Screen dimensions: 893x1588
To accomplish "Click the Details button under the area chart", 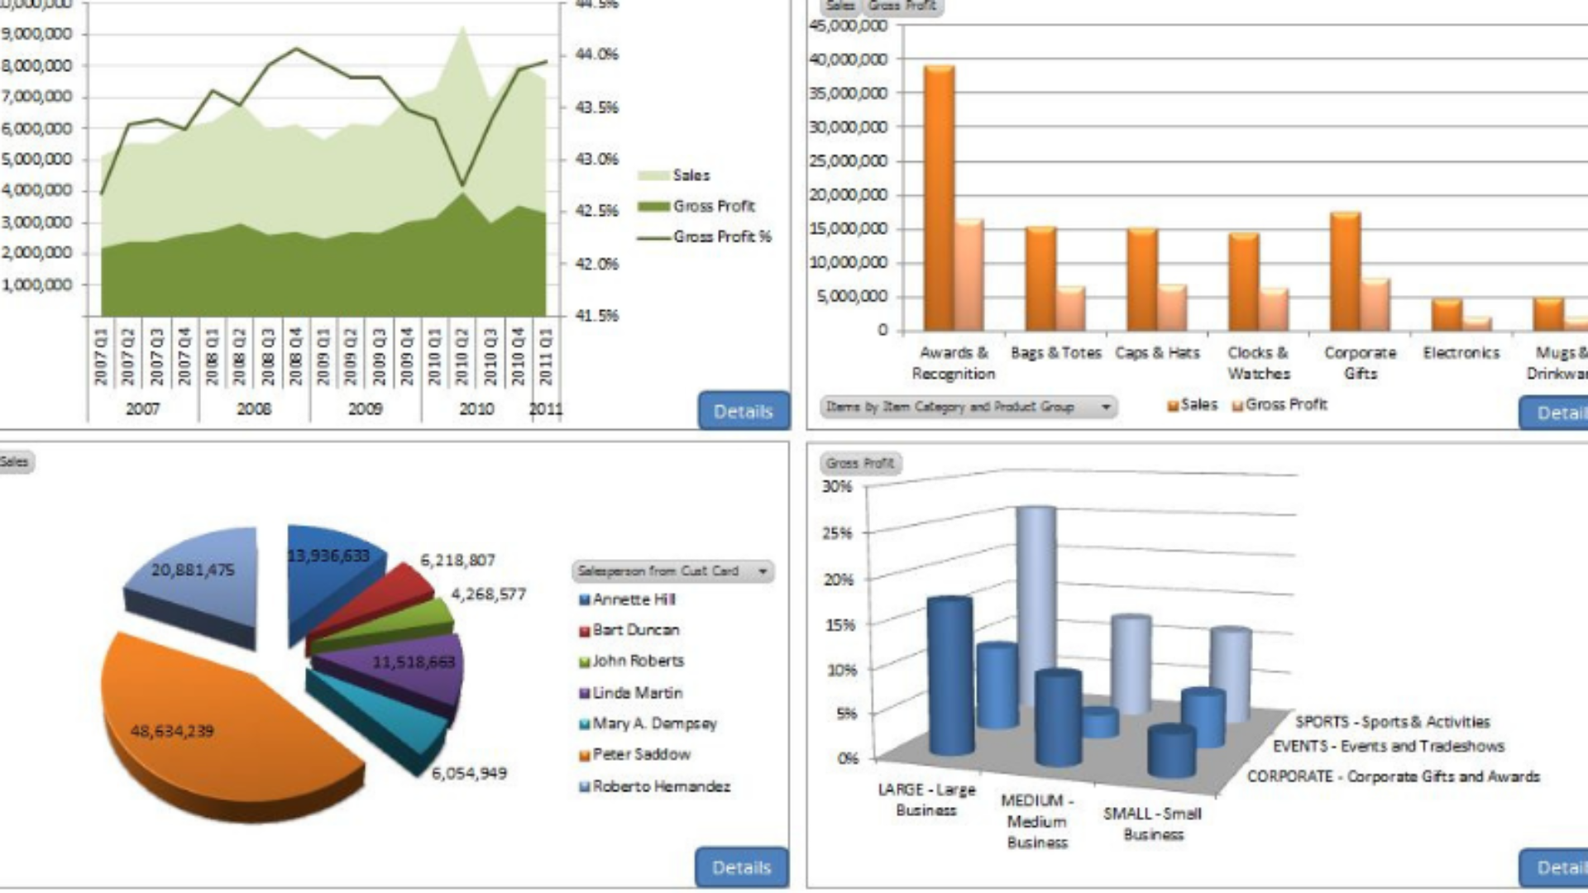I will pyautogui.click(x=743, y=411).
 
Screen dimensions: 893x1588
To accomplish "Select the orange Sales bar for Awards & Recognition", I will pyautogui.click(x=939, y=198).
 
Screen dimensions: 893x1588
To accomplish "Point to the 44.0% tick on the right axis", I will pyautogui.click(x=596, y=55).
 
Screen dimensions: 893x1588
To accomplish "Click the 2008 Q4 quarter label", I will pyautogui.click(x=295, y=356).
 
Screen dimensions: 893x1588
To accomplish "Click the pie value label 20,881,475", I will pyautogui.click(x=193, y=570).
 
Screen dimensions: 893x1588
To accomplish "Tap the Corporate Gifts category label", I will pyautogui.click(x=1360, y=363).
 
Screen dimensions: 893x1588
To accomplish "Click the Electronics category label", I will pyautogui.click(x=1461, y=353).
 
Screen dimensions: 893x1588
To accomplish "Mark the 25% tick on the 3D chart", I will pyautogui.click(x=837, y=533).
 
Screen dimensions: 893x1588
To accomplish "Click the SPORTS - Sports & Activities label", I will pyautogui.click(x=1392, y=722).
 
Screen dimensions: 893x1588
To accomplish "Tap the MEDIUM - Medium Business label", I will pyautogui.click(x=1037, y=821).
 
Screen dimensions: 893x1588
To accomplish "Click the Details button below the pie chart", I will pyautogui.click(x=741, y=867).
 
